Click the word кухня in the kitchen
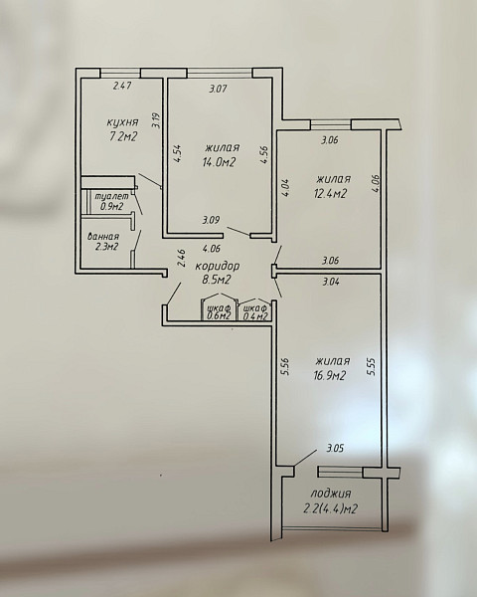point(122,123)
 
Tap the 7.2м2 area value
point(123,136)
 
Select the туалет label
point(111,197)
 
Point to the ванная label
point(103,237)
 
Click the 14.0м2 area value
point(220,162)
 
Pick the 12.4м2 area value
point(330,193)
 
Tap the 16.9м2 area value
point(329,376)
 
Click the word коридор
point(218,266)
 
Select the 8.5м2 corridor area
point(217,281)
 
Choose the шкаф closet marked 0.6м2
point(219,308)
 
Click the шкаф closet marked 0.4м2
point(255,308)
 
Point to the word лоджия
point(331,494)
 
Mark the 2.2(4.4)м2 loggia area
point(330,509)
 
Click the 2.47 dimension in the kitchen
point(122,86)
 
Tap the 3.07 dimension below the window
point(219,90)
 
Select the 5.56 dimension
point(286,366)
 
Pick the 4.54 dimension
point(177,153)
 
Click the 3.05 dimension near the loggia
point(335,448)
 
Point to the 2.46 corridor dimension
point(182,258)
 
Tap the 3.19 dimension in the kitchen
point(156,121)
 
